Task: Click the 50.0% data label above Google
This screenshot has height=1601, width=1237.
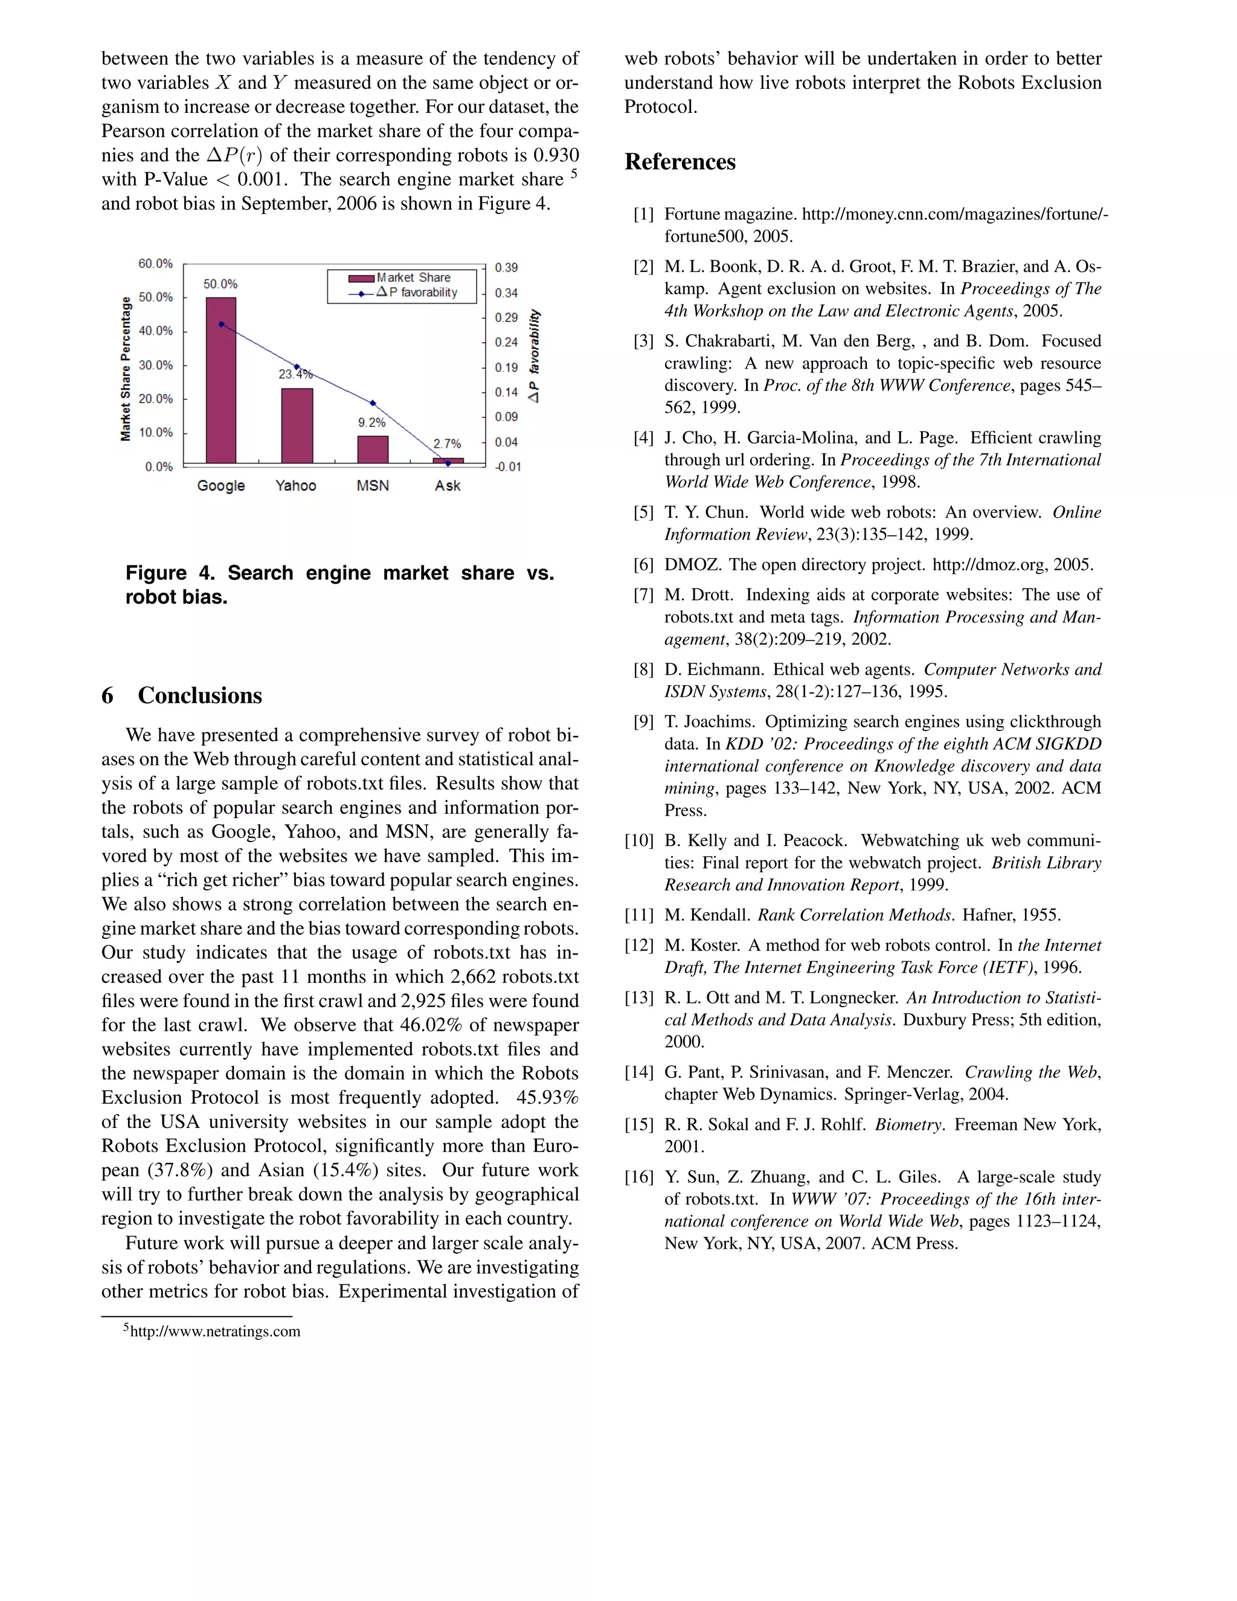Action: point(220,284)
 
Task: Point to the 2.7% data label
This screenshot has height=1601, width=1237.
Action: point(447,443)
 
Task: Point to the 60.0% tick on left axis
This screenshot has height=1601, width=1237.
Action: point(155,263)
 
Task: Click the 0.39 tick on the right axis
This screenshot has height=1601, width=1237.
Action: point(506,268)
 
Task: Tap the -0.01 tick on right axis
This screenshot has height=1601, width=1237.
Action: point(507,467)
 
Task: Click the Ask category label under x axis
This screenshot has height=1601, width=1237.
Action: point(447,485)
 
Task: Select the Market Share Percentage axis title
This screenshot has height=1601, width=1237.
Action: point(125,368)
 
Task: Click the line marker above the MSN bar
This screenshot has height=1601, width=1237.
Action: point(372,403)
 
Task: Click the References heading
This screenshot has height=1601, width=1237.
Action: point(680,162)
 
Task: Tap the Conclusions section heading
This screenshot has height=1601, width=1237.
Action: point(199,695)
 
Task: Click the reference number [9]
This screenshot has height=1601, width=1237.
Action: point(643,721)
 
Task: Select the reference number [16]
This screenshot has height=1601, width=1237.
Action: point(638,1176)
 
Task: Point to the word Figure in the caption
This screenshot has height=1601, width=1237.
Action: point(156,573)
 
